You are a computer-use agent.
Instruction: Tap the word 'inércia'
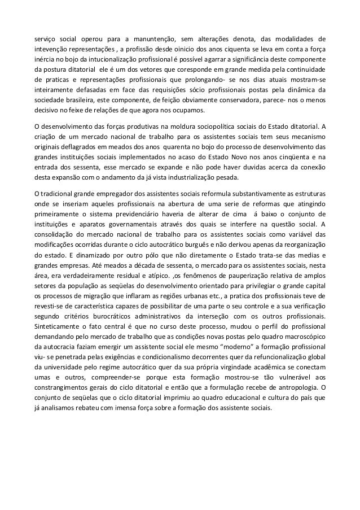tap(43, 59)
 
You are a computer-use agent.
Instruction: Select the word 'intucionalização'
tap(108, 59)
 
